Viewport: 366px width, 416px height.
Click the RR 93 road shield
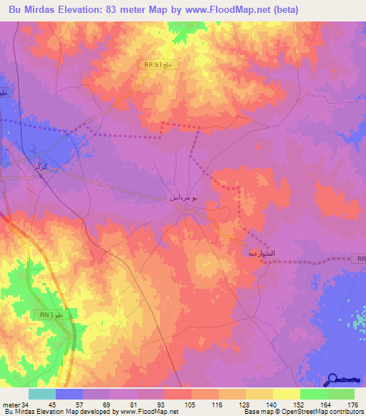coord(157,65)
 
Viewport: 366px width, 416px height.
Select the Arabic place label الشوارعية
coord(261,253)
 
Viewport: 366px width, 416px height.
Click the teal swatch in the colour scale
coord(42,394)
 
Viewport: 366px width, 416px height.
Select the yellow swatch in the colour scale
coord(286,394)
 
